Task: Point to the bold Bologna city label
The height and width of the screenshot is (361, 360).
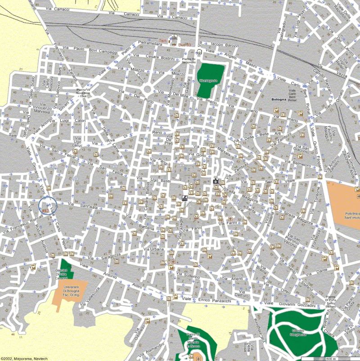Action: click(x=279, y=99)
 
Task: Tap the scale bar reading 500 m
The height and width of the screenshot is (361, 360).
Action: click(x=331, y=358)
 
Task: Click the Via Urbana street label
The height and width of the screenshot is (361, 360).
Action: click(x=153, y=249)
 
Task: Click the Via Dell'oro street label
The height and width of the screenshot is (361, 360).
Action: click(x=243, y=295)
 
